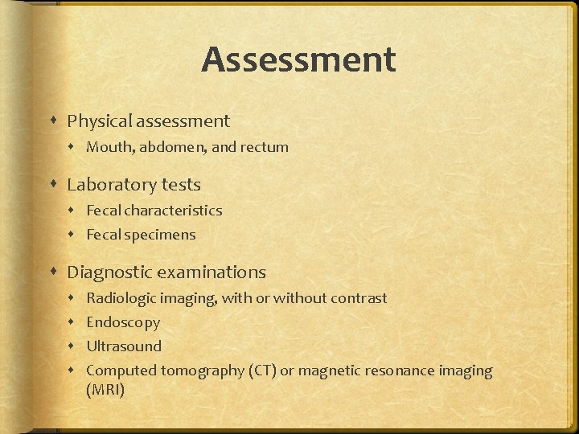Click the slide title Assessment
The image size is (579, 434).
click(298, 60)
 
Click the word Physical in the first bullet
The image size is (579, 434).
click(100, 121)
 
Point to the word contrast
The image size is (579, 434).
click(355, 298)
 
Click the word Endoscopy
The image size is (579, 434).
click(123, 323)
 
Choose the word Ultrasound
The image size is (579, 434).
click(124, 346)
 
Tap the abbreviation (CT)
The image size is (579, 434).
click(261, 371)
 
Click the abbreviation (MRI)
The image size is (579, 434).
click(105, 390)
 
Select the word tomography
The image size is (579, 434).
click(200, 371)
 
